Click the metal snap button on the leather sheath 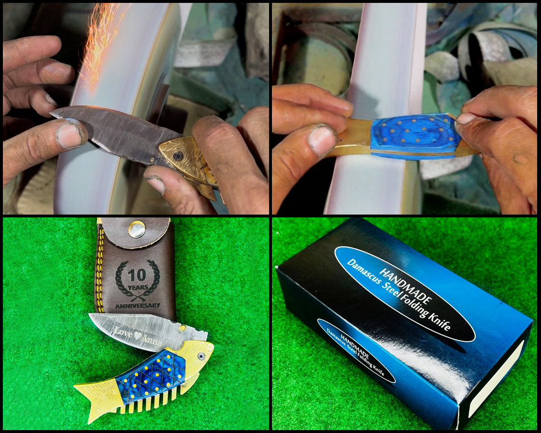click(x=137, y=230)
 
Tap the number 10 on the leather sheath click(x=137, y=275)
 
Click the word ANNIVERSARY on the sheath click(x=138, y=305)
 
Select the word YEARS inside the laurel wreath click(x=138, y=287)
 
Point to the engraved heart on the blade click(x=138, y=335)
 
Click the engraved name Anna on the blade click(x=152, y=340)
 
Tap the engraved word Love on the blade click(x=123, y=333)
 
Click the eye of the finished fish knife click(x=201, y=356)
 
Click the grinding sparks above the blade click(x=100, y=45)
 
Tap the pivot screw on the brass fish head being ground click(x=178, y=156)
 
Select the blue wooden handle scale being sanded click(x=415, y=134)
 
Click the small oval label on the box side click(x=356, y=350)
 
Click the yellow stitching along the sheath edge click(x=100, y=269)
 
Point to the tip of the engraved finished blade click(x=89, y=315)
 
